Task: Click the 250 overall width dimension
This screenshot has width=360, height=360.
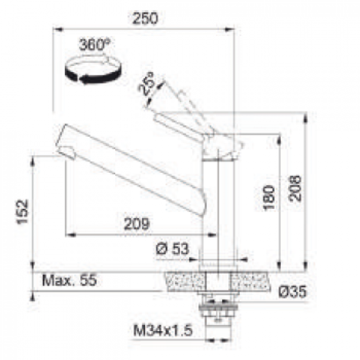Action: [x=146, y=18]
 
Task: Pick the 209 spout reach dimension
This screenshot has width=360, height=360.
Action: [x=136, y=224]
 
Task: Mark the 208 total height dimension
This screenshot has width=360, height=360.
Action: [x=296, y=188]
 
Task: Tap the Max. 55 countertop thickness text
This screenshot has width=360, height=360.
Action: [x=69, y=280]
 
